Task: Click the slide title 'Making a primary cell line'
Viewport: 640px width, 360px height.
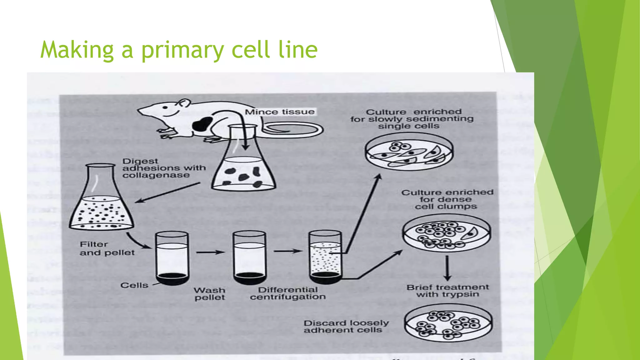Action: tap(179, 50)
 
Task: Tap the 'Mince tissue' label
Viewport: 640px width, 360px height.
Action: tap(279, 112)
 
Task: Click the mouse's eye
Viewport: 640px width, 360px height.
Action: tap(165, 107)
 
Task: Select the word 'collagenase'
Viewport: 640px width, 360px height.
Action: tap(156, 175)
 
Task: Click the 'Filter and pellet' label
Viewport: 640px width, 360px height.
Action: tap(107, 248)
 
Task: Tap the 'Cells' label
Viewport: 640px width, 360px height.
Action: tap(134, 285)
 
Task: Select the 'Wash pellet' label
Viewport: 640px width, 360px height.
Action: tap(209, 294)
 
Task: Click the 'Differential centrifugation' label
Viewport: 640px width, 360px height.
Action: tap(287, 293)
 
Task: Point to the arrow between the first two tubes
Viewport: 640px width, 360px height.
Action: tap(210, 252)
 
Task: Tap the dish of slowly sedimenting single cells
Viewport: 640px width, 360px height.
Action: tap(409, 152)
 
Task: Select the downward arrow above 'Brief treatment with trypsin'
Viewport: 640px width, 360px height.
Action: tap(447, 268)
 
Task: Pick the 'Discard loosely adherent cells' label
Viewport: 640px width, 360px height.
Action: tap(346, 326)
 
